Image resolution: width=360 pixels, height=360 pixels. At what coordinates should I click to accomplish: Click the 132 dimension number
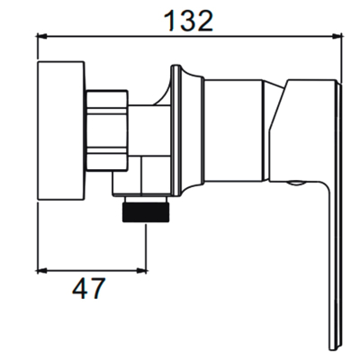click(188, 21)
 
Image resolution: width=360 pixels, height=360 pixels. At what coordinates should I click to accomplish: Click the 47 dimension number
click(89, 289)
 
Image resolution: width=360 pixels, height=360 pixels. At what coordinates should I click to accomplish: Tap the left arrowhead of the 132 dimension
click(41, 37)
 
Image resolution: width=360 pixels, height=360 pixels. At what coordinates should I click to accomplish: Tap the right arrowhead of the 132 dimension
click(337, 37)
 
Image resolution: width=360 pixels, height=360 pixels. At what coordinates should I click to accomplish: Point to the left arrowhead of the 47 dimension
click(41, 271)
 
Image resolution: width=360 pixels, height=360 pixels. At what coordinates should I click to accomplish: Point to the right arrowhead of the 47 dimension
click(141, 271)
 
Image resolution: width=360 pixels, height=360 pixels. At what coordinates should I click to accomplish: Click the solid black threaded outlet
click(146, 212)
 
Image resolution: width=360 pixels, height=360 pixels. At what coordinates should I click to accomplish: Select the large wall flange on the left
click(61, 130)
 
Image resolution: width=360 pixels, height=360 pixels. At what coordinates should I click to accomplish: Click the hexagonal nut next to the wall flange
click(107, 130)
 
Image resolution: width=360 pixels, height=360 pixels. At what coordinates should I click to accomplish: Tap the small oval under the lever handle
click(296, 183)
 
